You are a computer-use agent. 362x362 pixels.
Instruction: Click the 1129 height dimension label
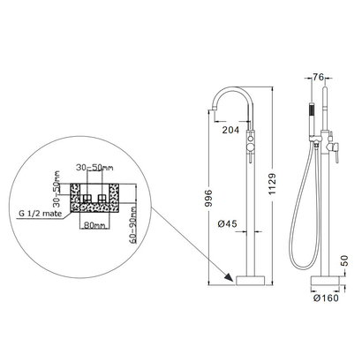click(x=272, y=184)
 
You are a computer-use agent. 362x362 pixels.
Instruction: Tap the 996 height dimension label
click(x=208, y=198)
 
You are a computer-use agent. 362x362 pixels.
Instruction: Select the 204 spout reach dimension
click(x=230, y=130)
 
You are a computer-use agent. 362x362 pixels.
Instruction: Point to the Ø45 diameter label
click(x=227, y=224)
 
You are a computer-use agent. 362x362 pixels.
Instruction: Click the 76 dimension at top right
click(x=318, y=77)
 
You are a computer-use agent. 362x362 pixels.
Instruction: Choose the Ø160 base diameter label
click(x=326, y=298)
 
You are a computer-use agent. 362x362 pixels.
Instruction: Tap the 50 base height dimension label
click(x=344, y=260)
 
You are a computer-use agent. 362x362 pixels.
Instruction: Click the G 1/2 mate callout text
click(x=41, y=214)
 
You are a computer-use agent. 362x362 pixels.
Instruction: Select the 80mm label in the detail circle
click(x=94, y=225)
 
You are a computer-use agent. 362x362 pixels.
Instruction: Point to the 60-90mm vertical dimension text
click(x=133, y=224)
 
